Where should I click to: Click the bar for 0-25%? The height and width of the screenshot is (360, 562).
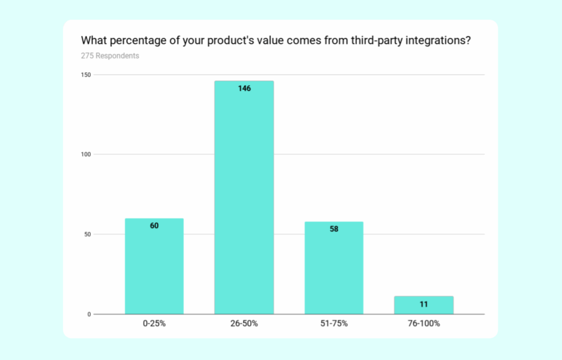154,266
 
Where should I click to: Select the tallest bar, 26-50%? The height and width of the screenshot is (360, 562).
244,198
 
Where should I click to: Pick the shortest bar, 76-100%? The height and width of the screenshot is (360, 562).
424,305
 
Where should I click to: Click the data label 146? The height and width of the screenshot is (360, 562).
244,88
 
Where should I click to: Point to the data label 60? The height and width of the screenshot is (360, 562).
154,226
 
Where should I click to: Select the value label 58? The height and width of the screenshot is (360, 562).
334,229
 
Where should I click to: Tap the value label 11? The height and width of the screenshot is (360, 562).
424,303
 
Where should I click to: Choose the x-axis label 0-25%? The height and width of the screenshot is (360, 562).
154,324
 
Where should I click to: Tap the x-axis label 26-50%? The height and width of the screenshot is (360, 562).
244,324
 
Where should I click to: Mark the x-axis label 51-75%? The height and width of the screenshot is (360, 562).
334,324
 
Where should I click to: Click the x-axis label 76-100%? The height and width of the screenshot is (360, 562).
424,324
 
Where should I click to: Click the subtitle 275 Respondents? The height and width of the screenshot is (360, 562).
110,56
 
